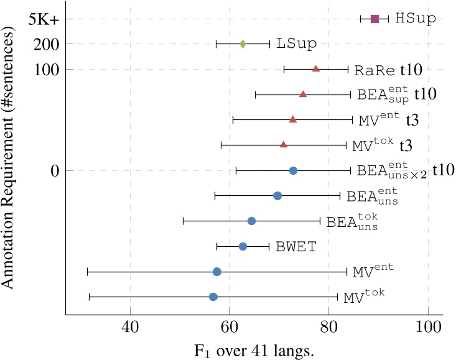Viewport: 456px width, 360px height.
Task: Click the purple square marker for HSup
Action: [375, 19]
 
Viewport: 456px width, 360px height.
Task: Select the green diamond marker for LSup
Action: [243, 44]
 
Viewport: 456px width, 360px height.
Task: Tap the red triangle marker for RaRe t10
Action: [315, 68]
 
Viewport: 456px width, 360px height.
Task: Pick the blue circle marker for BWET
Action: [243, 247]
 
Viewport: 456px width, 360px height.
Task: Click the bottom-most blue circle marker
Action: [213, 297]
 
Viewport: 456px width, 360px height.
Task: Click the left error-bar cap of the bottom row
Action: [90, 297]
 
